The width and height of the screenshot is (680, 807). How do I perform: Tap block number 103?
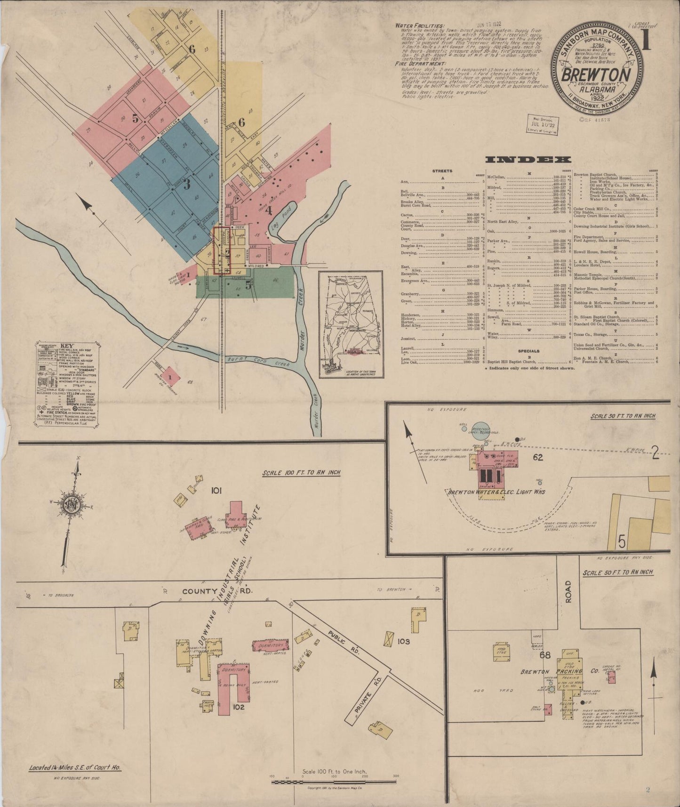(403, 641)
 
